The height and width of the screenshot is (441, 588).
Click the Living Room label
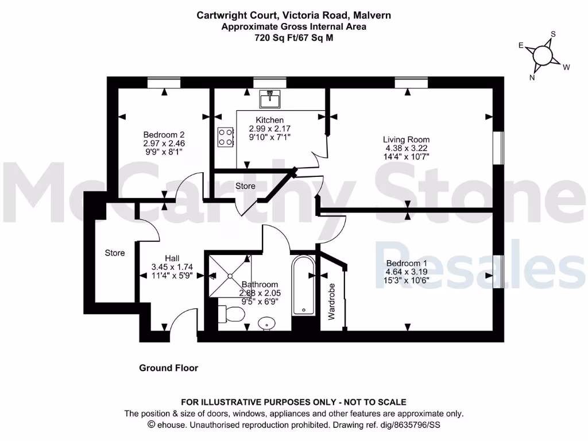[x=406, y=140]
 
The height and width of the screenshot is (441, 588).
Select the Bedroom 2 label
[x=164, y=135]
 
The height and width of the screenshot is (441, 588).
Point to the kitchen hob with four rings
[x=225, y=137]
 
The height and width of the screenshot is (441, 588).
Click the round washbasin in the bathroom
[x=266, y=324]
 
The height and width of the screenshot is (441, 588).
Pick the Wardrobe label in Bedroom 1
[x=331, y=301]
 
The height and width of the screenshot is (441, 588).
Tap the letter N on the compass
[x=532, y=78]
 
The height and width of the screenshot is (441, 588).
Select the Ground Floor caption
[x=168, y=368]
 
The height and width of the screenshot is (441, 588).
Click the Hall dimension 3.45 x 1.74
[x=172, y=267]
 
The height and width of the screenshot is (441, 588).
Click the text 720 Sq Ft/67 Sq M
[x=293, y=37]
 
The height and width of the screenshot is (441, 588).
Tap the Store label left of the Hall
[x=114, y=253]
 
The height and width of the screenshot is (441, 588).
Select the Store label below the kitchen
[x=245, y=186]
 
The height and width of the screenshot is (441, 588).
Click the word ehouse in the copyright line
[x=170, y=425]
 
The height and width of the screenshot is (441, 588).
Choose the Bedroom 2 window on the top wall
[x=164, y=83]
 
